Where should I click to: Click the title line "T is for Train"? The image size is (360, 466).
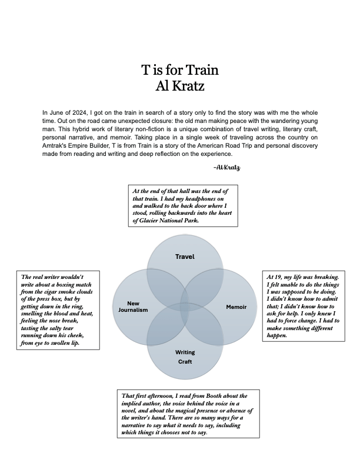pos(180,71)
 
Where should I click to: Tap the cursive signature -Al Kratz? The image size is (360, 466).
pos(228,168)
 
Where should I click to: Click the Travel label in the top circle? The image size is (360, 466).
pos(185,257)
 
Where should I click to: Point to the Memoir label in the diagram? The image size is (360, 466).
pos(236,307)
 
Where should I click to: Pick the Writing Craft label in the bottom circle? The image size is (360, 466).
pos(185,357)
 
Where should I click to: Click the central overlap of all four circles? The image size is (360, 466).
pos(185,306)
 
